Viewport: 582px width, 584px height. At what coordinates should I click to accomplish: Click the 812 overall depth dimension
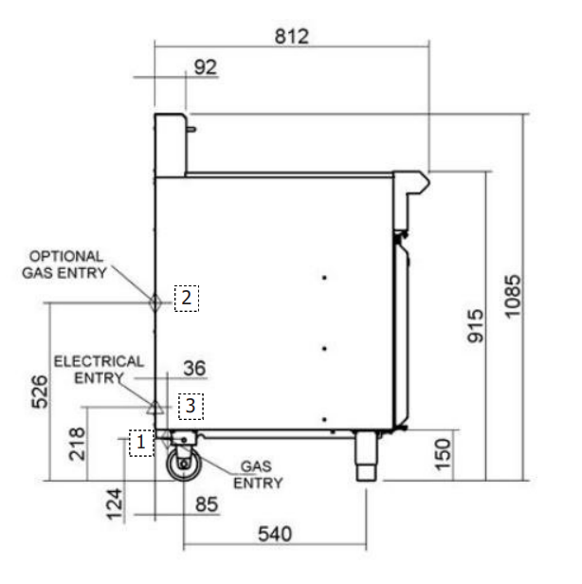click(292, 36)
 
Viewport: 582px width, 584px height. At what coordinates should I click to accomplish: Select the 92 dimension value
click(205, 67)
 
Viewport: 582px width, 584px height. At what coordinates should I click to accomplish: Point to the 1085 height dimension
click(513, 297)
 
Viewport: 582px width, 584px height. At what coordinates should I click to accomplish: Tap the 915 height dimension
click(476, 326)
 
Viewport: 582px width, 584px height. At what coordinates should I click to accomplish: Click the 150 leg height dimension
click(443, 455)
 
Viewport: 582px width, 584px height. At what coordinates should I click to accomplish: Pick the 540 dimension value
click(275, 534)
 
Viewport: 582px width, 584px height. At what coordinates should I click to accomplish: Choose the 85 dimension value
click(207, 504)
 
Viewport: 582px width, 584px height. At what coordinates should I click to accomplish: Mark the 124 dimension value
click(115, 504)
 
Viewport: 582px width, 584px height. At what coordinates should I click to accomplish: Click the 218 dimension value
click(77, 444)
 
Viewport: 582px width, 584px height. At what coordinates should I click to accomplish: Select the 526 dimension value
click(40, 392)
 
